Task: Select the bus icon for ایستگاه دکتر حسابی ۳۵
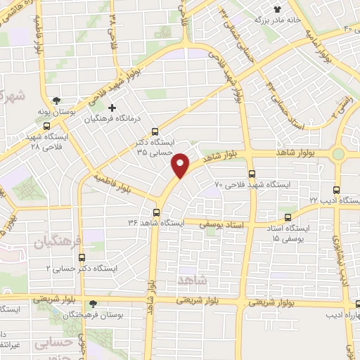[x=155, y=131]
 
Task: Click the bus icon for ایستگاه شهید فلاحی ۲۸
[x=46, y=127]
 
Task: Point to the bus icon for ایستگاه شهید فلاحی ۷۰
[x=252, y=174]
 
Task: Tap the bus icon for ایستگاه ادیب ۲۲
[x=336, y=190]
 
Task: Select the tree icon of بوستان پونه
[x=65, y=100]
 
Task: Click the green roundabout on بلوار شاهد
[x=338, y=153]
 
